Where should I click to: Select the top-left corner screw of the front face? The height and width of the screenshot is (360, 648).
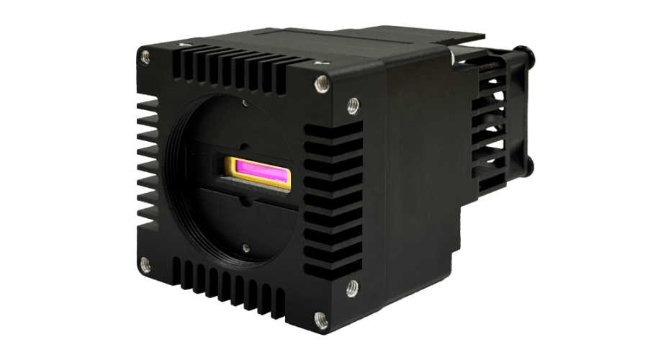145,55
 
